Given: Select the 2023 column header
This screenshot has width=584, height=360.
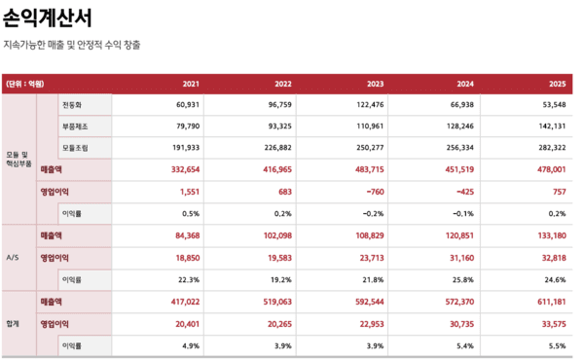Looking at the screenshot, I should [x=371, y=84].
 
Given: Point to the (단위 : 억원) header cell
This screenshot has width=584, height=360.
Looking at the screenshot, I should [x=25, y=84].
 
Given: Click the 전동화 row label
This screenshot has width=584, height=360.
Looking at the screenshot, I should [x=74, y=104].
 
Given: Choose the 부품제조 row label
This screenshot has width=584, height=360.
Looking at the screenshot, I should [x=76, y=126].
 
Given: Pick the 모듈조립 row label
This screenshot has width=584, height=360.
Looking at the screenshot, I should [x=76, y=147].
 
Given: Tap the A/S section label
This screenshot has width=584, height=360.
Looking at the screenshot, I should [x=14, y=257].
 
